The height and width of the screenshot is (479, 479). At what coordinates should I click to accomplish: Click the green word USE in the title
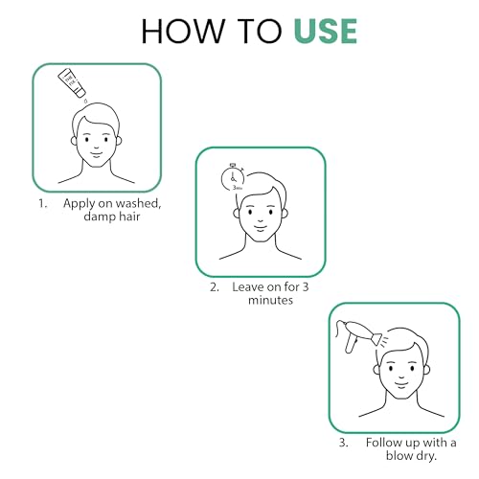(326, 31)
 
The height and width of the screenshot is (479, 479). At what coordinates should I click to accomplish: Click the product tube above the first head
(72, 82)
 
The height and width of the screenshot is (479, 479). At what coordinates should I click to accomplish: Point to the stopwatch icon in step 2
(233, 177)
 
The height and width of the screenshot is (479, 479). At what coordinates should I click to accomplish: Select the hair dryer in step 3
(358, 336)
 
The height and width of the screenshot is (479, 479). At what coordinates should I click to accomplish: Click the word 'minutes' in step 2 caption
(270, 300)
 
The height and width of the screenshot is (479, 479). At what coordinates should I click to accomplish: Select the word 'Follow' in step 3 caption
(384, 443)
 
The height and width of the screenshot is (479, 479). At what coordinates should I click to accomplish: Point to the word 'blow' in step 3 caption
(399, 456)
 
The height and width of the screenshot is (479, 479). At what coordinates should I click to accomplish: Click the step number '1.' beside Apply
(43, 204)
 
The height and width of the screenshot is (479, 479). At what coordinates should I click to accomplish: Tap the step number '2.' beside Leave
(215, 287)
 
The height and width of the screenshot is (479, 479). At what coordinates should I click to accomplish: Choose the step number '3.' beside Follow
(344, 443)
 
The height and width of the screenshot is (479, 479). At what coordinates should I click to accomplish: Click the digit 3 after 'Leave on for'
(306, 287)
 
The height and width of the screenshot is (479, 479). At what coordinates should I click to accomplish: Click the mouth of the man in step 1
(97, 153)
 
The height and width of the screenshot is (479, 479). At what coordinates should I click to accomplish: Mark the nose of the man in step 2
(261, 219)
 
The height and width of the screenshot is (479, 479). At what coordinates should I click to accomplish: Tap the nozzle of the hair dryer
(376, 339)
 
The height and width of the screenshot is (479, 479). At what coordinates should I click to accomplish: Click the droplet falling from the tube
(85, 101)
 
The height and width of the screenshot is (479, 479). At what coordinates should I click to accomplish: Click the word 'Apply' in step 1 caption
(80, 204)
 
